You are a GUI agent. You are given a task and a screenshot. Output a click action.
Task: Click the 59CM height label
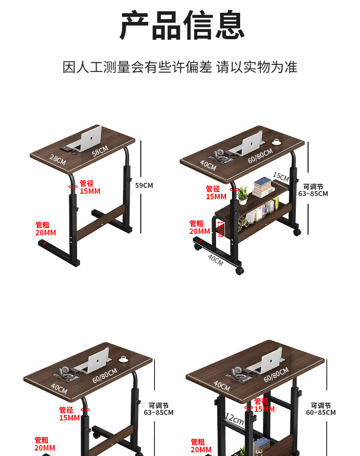144,186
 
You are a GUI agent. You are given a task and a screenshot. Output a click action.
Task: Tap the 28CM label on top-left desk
58,160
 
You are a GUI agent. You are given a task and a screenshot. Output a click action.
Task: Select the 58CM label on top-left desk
100,151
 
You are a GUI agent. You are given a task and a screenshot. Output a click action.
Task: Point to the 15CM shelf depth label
281,176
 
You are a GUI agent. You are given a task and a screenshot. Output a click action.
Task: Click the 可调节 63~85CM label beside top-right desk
313,190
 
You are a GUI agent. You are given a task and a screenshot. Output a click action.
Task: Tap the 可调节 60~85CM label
321,409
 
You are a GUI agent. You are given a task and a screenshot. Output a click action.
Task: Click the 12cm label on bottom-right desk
234,419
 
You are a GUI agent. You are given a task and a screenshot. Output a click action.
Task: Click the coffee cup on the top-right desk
277,142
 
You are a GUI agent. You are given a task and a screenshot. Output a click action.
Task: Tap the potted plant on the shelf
242,195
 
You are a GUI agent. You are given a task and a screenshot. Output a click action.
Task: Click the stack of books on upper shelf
263,187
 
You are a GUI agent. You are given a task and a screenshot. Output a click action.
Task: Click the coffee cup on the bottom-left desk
123,359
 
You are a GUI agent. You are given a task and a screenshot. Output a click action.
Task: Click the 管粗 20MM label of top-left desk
46,229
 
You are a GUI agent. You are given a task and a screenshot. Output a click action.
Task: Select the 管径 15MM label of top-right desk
216,192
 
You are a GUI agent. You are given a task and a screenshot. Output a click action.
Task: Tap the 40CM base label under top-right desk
216,260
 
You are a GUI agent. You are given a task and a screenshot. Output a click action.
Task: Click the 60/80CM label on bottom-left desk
105,375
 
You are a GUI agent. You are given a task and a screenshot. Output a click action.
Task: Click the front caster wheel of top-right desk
239,271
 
